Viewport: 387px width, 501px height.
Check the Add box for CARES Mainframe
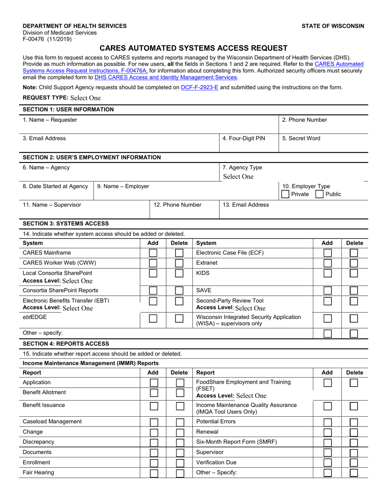153,253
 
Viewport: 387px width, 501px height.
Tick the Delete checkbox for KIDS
354,273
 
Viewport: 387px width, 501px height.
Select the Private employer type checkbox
286,194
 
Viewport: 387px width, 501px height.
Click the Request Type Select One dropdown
85,98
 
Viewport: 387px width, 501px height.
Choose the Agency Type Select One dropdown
238,177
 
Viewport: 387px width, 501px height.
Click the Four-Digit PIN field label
244,138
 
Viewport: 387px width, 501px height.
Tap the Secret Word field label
301,138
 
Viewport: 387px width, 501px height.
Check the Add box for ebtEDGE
153,319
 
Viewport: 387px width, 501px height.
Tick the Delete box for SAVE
354,290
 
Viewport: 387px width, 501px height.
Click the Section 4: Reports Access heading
66,344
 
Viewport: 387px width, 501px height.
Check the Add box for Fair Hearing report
154,473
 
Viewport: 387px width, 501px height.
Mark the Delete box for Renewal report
354,432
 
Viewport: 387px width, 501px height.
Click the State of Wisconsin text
333,26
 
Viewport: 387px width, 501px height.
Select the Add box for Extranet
327,263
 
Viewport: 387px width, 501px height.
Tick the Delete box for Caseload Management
180,422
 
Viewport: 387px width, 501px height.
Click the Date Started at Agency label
55,187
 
